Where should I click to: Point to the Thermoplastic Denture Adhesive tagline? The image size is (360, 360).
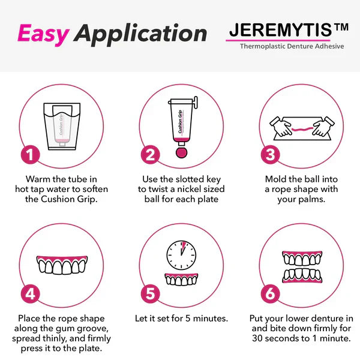[292, 46]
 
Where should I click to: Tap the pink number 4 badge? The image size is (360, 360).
[31, 294]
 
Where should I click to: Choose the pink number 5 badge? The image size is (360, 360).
[151, 294]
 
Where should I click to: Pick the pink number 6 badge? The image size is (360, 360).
[271, 294]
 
